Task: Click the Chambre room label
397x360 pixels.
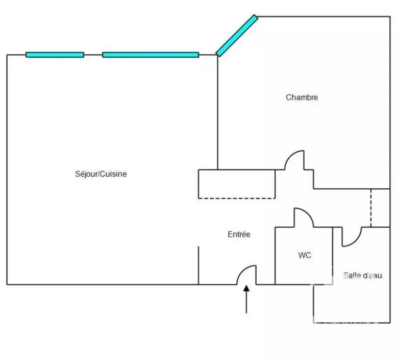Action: point(302,97)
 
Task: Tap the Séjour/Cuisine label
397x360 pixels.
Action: point(101,174)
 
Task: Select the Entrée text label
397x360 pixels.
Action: point(239,235)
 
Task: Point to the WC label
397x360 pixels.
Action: point(304,255)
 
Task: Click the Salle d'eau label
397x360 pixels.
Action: point(362,276)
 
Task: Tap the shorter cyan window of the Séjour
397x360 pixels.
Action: point(55,55)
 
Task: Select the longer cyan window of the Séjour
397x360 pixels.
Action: point(150,55)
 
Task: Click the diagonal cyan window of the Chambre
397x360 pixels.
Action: point(236,36)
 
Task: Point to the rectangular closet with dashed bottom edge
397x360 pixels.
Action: point(237,184)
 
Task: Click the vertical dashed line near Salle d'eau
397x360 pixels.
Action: point(371,208)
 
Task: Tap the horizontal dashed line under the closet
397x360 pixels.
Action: point(237,198)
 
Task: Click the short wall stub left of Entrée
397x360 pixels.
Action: point(198,265)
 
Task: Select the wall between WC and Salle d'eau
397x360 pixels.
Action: point(333,255)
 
